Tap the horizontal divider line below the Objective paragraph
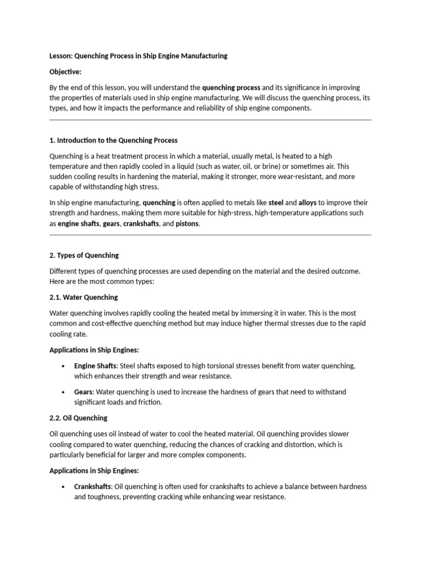tap(210, 119)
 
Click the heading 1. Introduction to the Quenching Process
tap(113, 140)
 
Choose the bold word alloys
tap(308, 202)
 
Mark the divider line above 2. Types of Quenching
tap(210, 235)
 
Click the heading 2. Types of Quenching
tap(84, 255)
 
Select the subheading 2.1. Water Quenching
tap(83, 297)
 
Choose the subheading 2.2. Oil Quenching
tap(78, 418)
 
